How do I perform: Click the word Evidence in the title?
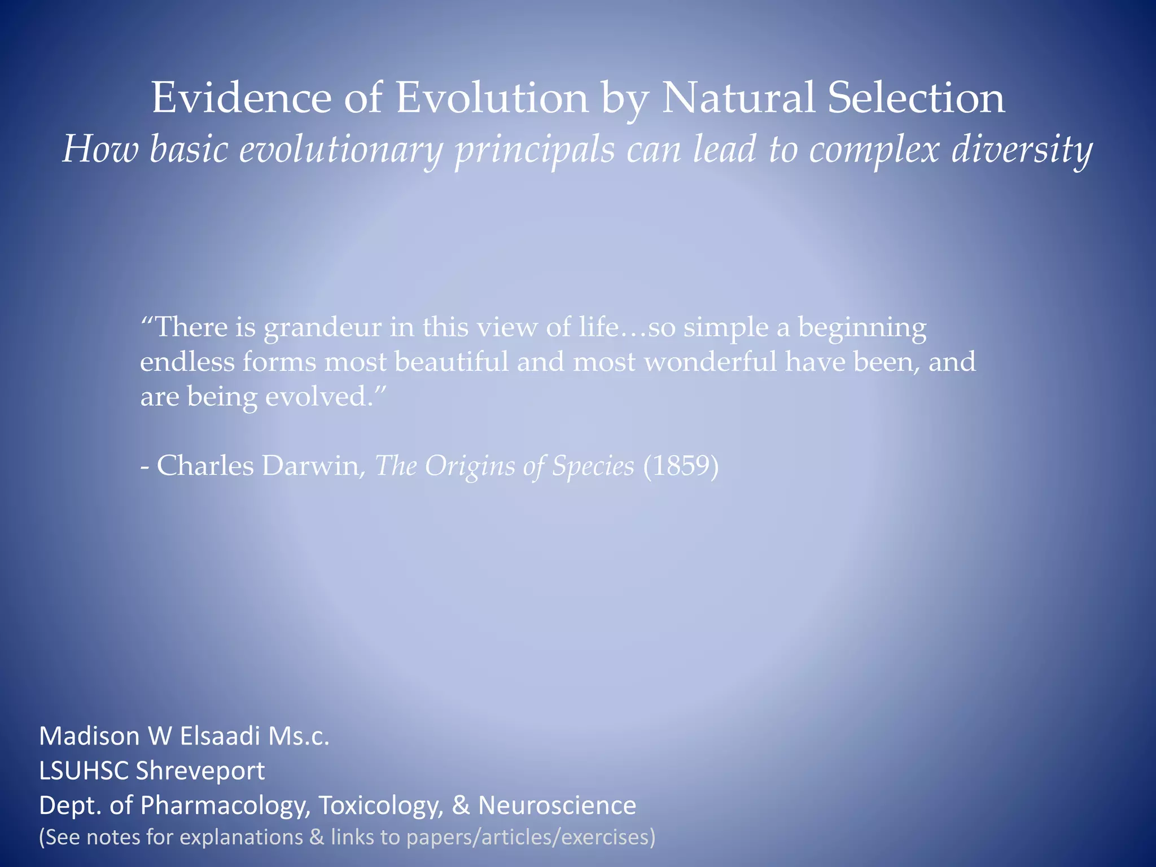(x=241, y=98)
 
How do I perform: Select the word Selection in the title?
(x=916, y=98)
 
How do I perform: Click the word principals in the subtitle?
(x=535, y=150)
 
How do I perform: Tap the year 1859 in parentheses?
(x=681, y=466)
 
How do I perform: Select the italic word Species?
(x=593, y=466)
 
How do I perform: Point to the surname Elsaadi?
(x=220, y=736)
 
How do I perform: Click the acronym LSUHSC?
(x=84, y=771)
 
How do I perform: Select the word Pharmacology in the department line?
(x=225, y=805)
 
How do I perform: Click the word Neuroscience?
(x=557, y=805)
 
